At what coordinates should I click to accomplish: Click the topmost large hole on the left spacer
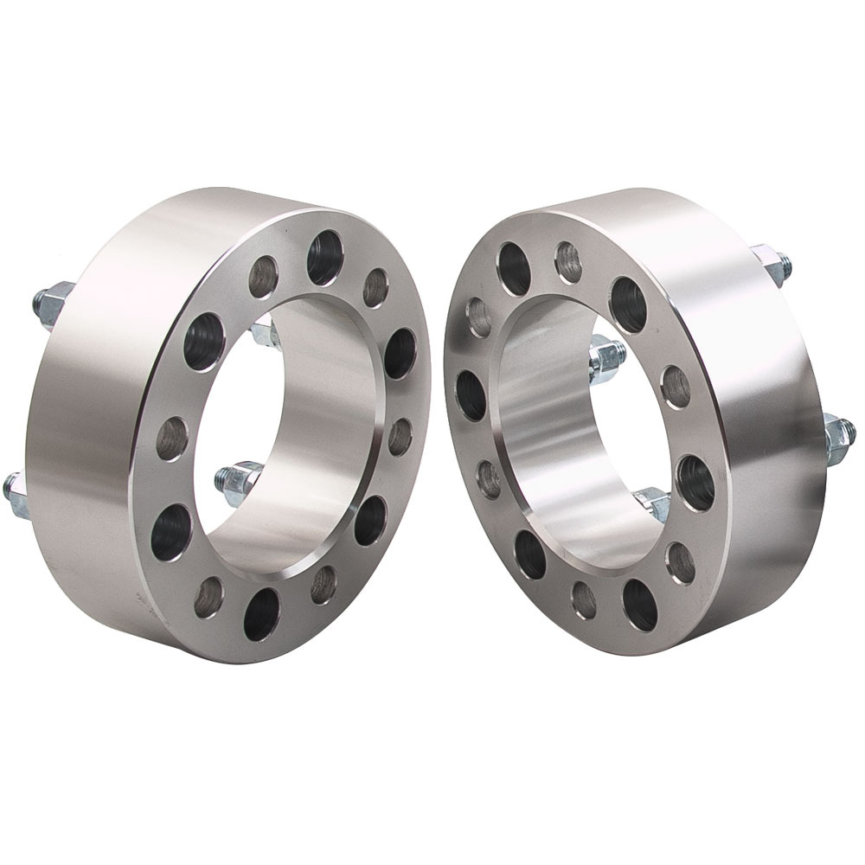[324, 258]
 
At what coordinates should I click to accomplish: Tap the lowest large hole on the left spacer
[261, 613]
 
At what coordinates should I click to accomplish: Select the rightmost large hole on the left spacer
[399, 353]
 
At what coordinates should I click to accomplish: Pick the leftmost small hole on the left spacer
[172, 439]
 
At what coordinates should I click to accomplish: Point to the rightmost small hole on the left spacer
[400, 436]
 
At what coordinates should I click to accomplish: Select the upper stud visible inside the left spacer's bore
[263, 332]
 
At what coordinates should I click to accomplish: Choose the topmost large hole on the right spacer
[513, 269]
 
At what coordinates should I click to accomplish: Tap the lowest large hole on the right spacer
[639, 604]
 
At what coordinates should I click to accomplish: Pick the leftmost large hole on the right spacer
[471, 395]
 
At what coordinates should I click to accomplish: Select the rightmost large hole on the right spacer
[695, 482]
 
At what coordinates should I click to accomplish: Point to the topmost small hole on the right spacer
[568, 261]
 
